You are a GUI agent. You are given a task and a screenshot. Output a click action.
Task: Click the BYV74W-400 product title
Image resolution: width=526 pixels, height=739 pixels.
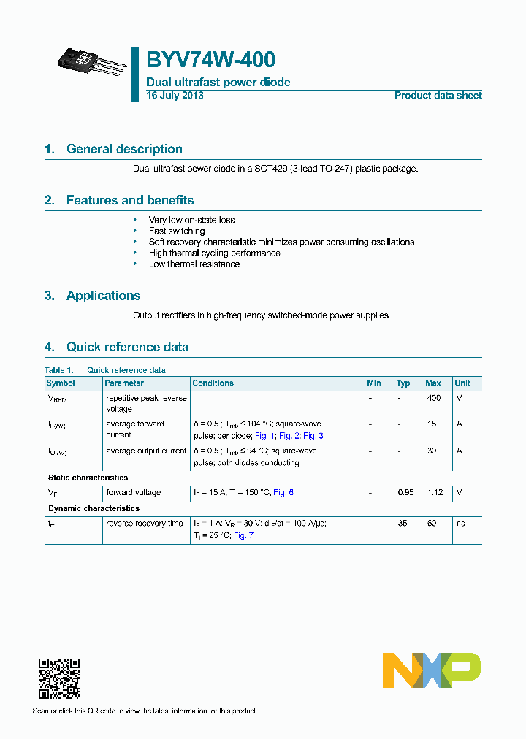[x=210, y=60]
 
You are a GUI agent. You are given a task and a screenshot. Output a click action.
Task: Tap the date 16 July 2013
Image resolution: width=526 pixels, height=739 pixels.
[x=175, y=96]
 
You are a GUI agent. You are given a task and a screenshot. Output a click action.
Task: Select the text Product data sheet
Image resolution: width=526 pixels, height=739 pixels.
[x=438, y=96]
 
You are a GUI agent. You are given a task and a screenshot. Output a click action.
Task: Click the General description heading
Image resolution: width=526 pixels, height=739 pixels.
[x=124, y=149]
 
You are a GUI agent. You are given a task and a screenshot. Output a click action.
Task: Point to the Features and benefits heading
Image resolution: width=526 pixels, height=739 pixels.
[x=130, y=200]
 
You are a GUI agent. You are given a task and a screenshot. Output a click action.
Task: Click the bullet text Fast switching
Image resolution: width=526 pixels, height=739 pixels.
[x=177, y=231]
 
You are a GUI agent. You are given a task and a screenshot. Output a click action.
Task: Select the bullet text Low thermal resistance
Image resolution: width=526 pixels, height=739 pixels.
[x=194, y=264]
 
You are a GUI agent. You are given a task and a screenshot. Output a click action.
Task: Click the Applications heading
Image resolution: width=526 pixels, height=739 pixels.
[x=103, y=296]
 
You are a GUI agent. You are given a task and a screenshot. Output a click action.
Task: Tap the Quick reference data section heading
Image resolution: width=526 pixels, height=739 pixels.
[x=127, y=347]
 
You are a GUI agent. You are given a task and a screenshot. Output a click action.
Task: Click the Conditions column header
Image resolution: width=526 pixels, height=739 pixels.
[x=213, y=383]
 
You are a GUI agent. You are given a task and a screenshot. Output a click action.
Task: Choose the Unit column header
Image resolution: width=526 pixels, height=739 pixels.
[x=462, y=383]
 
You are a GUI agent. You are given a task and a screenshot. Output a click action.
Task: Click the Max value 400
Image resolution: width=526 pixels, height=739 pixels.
[x=433, y=398]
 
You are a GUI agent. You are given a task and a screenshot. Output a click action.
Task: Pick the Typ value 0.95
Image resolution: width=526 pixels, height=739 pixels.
[x=405, y=492]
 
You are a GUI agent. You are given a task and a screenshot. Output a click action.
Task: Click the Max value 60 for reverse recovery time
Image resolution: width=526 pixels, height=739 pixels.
[x=432, y=523]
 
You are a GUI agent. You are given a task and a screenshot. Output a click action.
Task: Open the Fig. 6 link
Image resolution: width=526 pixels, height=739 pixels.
[x=283, y=492]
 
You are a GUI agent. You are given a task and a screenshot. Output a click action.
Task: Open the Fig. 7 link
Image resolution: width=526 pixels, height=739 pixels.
[x=243, y=535]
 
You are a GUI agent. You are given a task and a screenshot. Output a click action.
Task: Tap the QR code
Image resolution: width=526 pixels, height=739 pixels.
[x=58, y=678]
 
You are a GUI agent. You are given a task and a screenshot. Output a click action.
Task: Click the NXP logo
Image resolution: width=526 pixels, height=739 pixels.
[x=431, y=670]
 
